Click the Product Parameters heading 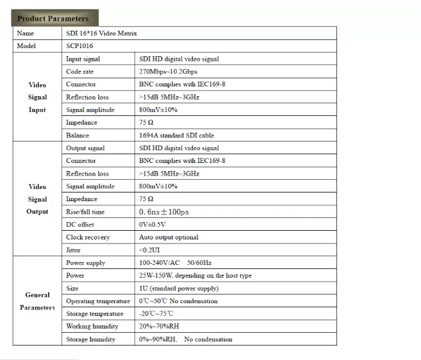click(53, 19)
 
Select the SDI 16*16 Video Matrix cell click(102, 34)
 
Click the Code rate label click(80, 72)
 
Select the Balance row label click(78, 136)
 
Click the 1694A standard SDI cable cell click(177, 136)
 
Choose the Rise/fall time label click(86, 212)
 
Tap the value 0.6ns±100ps click(164, 212)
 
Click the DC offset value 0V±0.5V click(152, 225)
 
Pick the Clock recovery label click(88, 238)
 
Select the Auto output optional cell click(169, 238)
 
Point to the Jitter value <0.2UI click(150, 250)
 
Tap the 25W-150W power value click(195, 276)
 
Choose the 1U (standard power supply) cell click(179, 289)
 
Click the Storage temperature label click(95, 314)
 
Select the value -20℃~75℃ click(156, 314)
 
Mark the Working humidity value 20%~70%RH click(159, 327)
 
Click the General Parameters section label click(38, 301)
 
